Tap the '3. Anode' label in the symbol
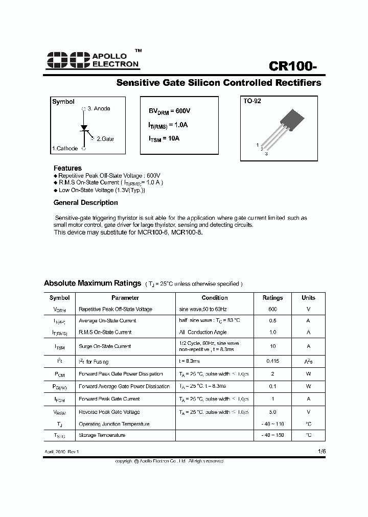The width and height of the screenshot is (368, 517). [99, 109]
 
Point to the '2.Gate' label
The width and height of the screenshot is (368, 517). [105, 138]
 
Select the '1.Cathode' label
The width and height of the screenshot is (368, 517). [65, 149]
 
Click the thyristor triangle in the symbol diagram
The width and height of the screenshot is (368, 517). [84, 127]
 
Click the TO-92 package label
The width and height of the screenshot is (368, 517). [252, 101]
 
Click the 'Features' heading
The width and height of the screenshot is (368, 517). [67, 168]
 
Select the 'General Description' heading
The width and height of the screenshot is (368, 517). [86, 203]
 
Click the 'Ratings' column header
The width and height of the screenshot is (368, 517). [272, 298]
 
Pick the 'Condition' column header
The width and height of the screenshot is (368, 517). [215, 298]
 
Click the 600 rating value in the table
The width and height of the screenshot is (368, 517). [272, 309]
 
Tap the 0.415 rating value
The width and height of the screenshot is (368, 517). [272, 361]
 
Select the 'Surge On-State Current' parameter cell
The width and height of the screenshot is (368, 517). [105, 346]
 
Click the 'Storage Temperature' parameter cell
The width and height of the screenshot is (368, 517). [102, 435]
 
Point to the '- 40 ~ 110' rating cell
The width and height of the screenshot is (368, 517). [272, 424]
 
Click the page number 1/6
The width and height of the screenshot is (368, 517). [320, 452]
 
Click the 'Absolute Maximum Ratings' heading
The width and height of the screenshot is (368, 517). [93, 283]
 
